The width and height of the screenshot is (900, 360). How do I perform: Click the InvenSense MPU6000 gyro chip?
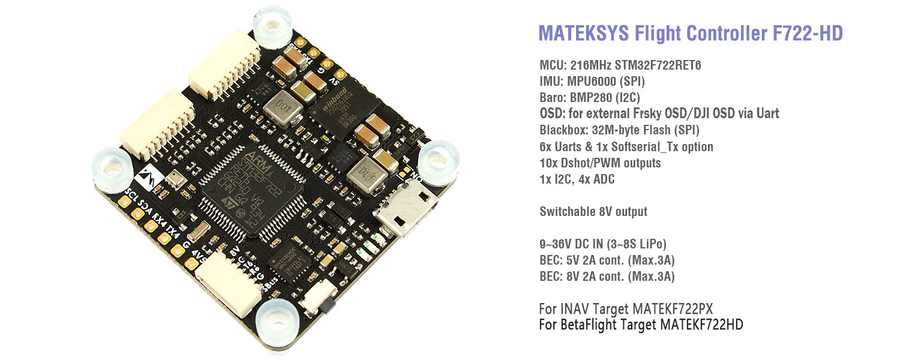click(285, 263)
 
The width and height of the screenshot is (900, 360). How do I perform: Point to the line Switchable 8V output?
click(593, 211)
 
